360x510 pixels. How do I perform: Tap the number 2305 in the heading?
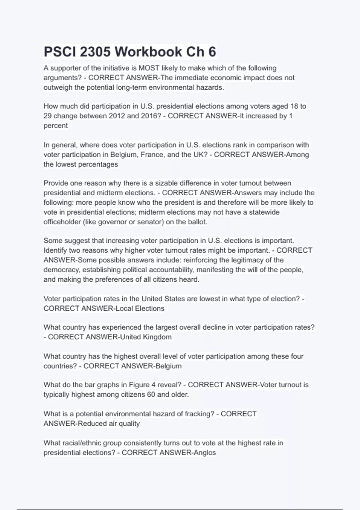coord(95,52)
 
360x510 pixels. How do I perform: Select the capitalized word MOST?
coord(149,68)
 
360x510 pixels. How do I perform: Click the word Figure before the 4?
coord(139,385)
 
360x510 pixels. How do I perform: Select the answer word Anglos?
coord(205,453)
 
